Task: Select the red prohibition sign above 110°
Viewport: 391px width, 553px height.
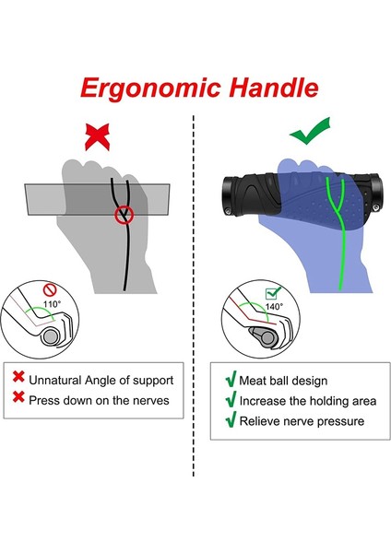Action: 52,288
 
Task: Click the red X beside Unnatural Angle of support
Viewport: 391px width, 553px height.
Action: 18,379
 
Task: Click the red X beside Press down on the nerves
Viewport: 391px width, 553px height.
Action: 18,400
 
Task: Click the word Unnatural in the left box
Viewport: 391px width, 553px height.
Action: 58,380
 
